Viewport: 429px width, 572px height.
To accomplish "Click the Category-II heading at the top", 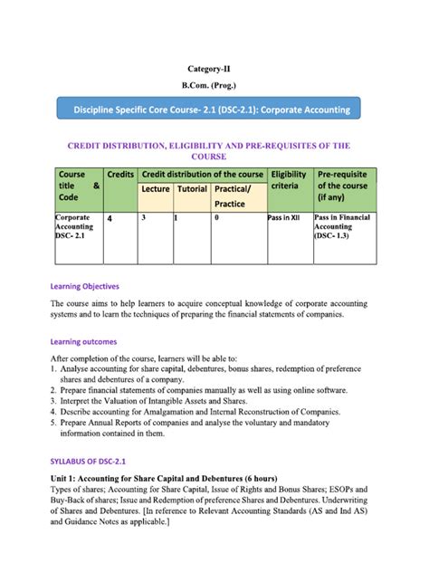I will tap(214, 68).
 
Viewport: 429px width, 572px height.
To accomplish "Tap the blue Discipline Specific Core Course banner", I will tap(214, 110).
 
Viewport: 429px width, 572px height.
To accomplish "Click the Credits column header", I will tap(120, 174).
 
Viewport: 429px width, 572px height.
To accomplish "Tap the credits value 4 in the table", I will tap(110, 219).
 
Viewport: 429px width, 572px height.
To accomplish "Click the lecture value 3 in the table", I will tap(143, 218).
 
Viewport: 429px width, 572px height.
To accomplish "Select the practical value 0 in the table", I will tap(216, 218).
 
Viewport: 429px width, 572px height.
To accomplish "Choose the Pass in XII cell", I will tap(286, 218).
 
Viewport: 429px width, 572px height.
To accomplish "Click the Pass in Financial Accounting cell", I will tap(344, 227).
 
